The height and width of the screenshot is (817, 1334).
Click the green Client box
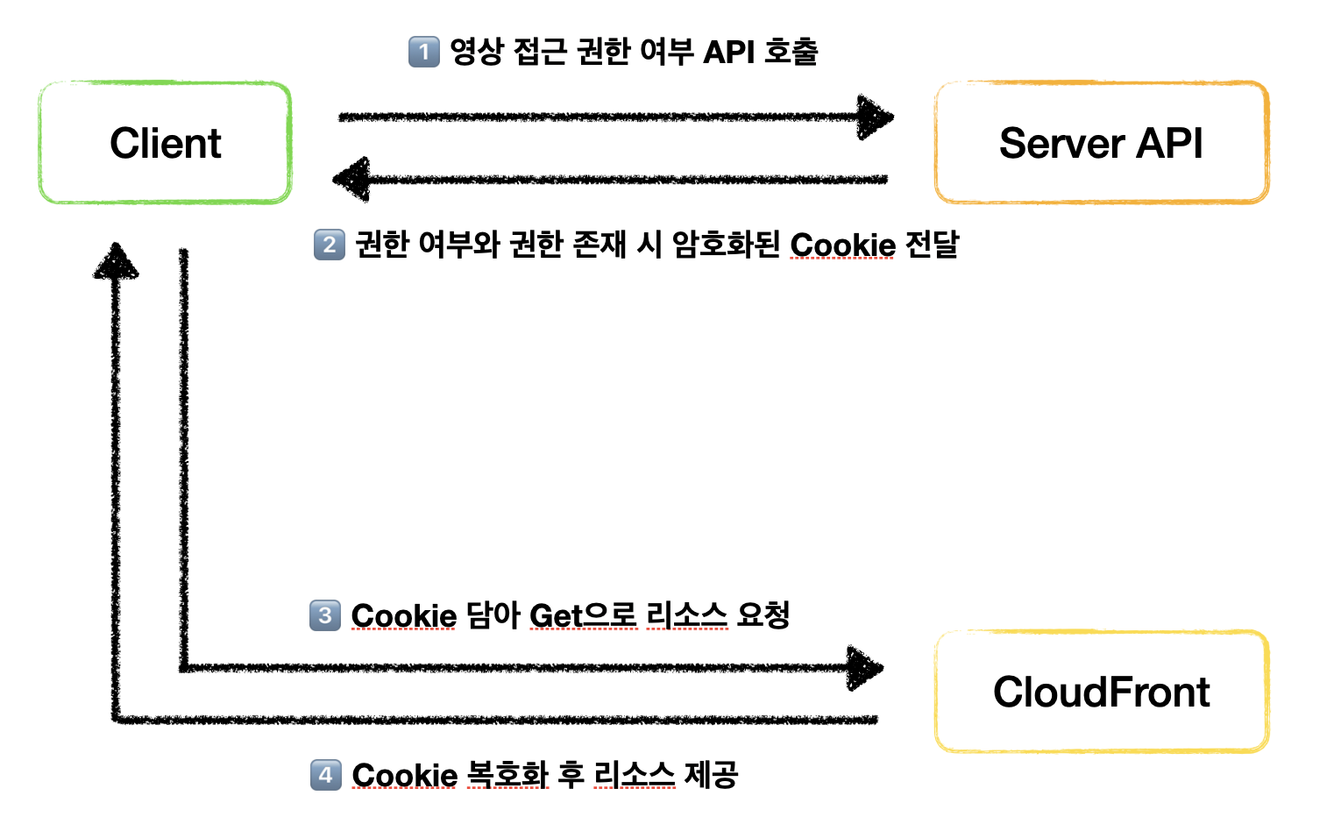(x=165, y=143)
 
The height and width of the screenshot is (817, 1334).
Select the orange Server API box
(x=1101, y=143)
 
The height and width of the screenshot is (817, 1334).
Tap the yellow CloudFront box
(x=1101, y=692)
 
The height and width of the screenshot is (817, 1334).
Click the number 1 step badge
(x=424, y=52)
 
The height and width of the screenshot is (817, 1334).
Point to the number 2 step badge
(x=330, y=245)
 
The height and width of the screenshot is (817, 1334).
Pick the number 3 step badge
(x=325, y=615)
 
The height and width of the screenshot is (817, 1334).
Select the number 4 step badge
(x=326, y=775)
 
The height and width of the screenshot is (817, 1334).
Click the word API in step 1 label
(x=728, y=53)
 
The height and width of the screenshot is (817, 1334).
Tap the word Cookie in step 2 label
(x=842, y=245)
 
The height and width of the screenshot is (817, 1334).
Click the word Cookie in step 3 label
(x=403, y=616)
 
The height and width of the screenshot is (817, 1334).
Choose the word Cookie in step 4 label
(x=404, y=776)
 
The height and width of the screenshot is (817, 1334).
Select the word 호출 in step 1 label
(x=791, y=53)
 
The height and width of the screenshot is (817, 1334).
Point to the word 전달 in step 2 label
(x=932, y=245)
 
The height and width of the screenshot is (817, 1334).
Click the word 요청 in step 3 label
(x=763, y=615)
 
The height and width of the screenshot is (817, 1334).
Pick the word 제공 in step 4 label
(x=711, y=775)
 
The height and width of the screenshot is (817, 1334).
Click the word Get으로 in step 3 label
(x=583, y=616)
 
